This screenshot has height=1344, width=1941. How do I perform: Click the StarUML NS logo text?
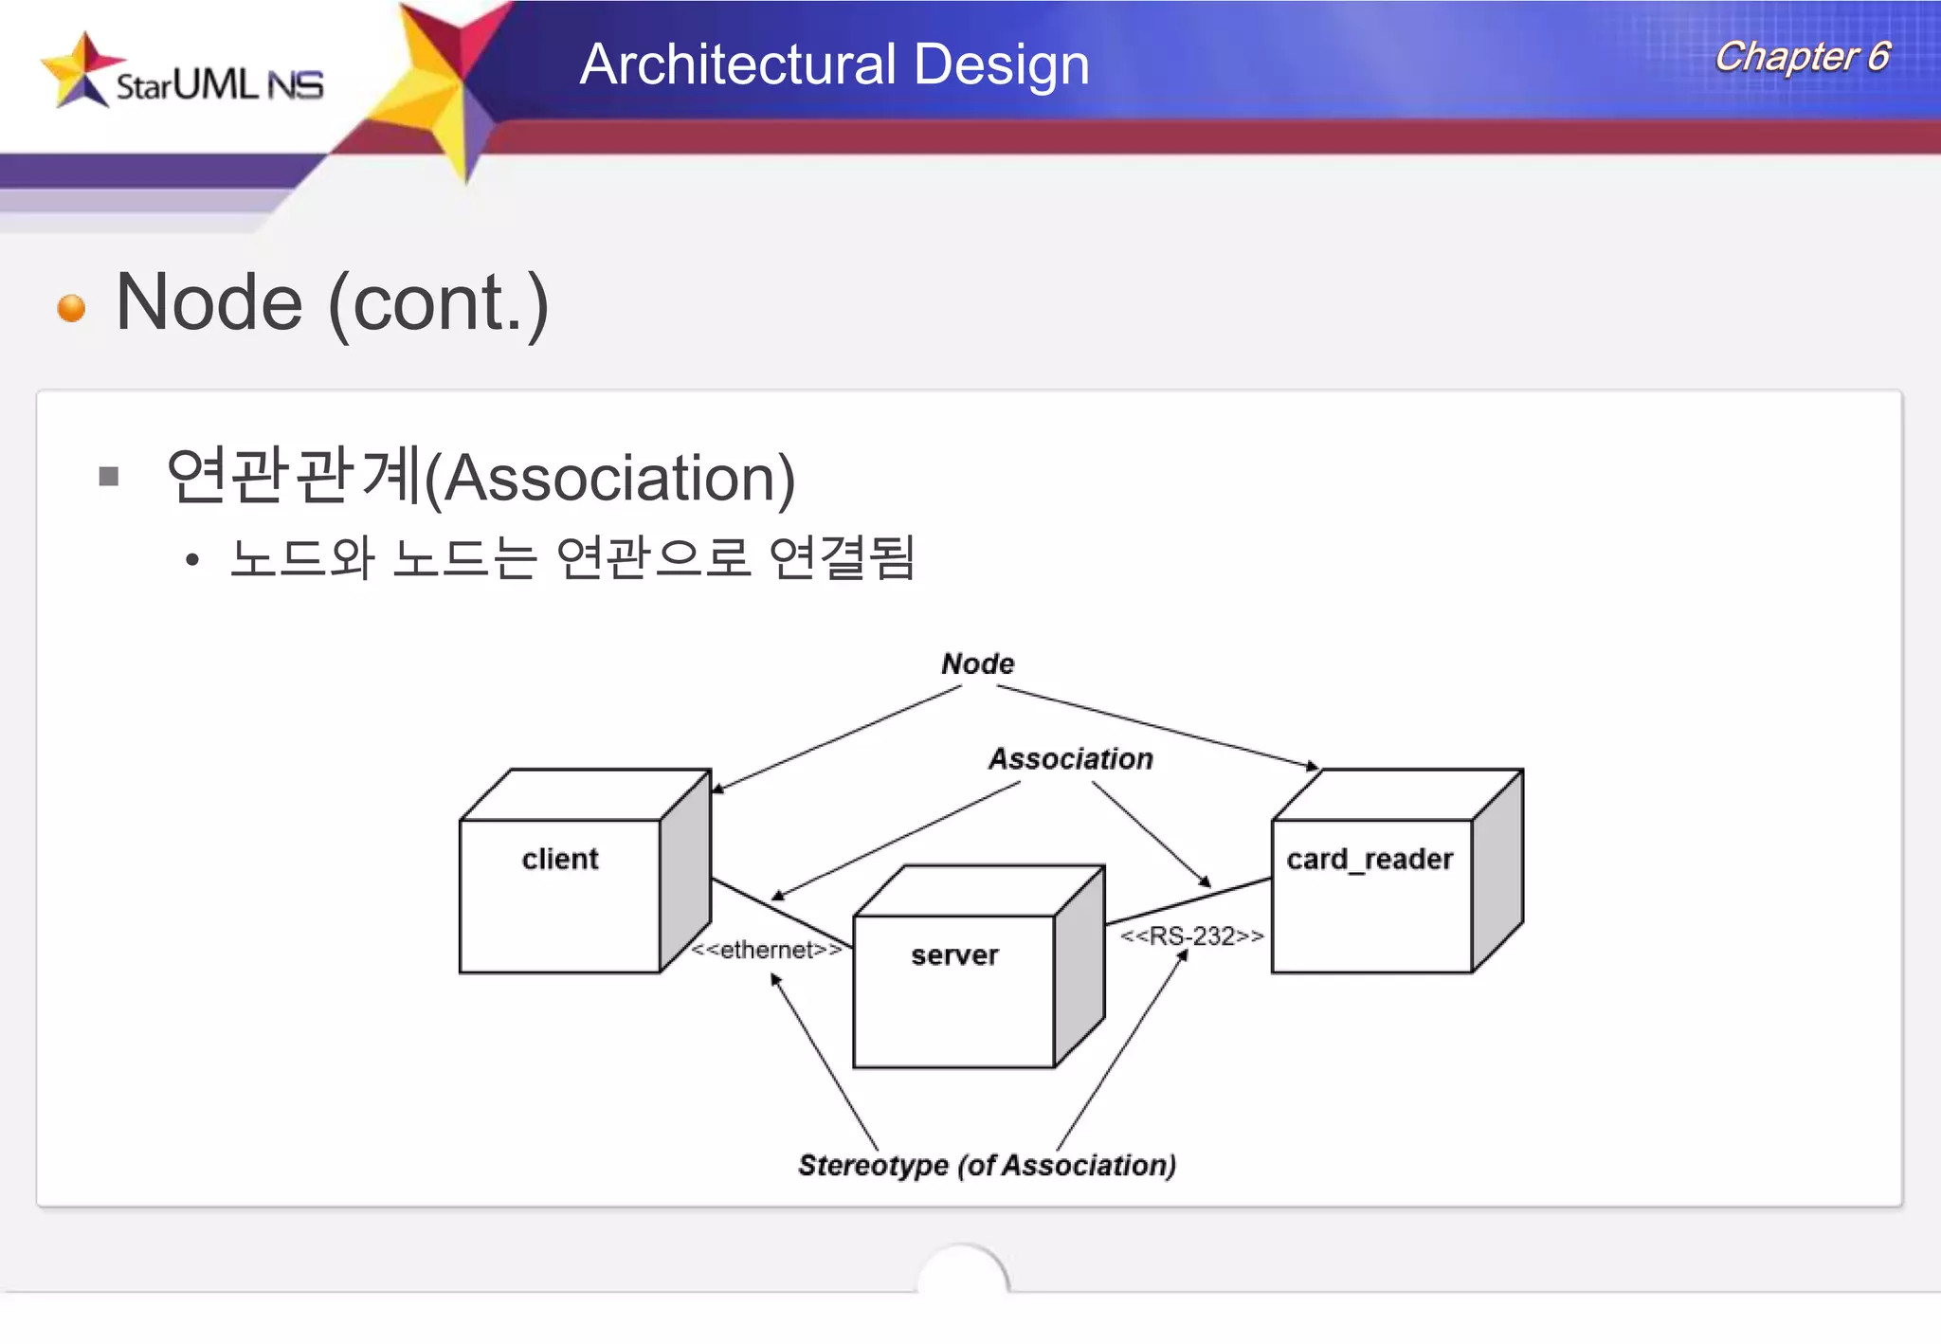click(219, 85)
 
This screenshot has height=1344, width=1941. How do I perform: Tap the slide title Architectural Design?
click(834, 64)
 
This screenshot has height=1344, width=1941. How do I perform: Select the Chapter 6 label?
click(1802, 57)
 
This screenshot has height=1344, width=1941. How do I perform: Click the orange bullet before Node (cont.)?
click(71, 308)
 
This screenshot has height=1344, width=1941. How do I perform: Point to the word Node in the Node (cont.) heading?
click(209, 303)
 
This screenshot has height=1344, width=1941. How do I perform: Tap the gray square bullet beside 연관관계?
click(109, 476)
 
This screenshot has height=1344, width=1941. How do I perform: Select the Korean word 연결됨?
click(842, 556)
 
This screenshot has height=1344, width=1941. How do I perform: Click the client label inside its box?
click(559, 859)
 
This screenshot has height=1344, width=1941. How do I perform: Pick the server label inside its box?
click(954, 954)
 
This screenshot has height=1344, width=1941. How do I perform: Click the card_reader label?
click(1369, 859)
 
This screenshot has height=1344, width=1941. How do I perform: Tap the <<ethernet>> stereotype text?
click(766, 950)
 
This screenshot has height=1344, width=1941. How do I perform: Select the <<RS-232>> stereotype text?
click(1191, 936)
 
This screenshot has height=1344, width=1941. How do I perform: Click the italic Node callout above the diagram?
click(977, 663)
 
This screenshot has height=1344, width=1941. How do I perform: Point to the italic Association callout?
click(1070, 758)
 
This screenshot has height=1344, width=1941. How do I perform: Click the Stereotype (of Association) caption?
click(987, 1165)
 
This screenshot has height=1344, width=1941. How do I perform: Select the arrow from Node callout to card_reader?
click(1156, 726)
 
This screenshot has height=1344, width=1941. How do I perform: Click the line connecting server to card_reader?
click(1188, 900)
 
